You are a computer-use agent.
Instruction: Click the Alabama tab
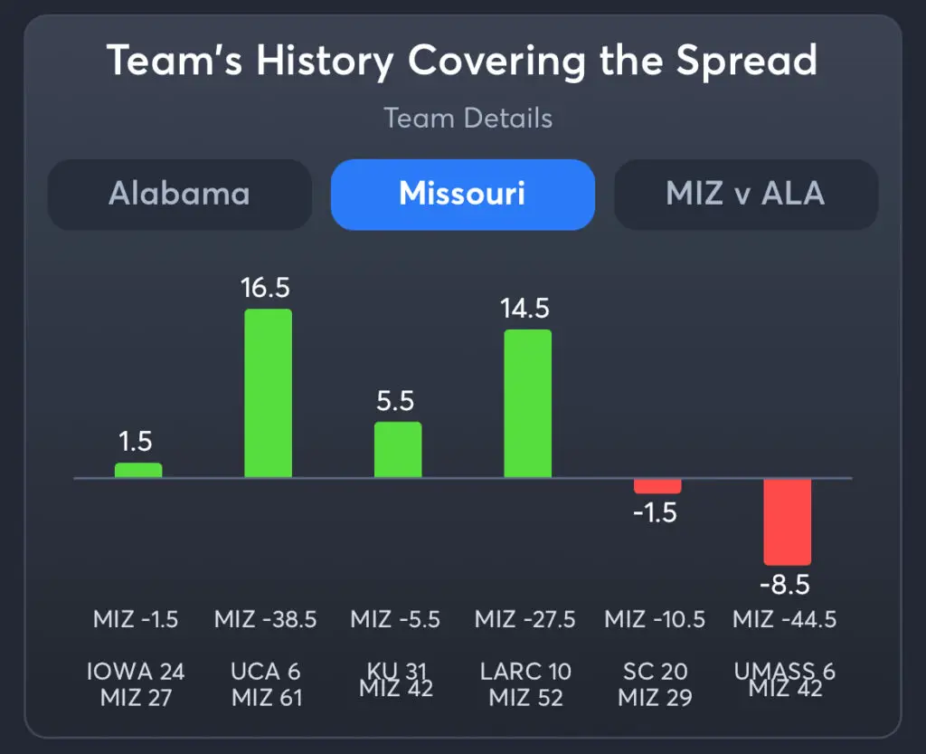tap(179, 194)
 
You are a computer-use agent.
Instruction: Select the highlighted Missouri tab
tap(462, 194)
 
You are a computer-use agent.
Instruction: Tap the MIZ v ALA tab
tap(745, 194)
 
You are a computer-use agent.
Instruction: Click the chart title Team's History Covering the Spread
tap(462, 61)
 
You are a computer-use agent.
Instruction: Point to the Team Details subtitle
tap(468, 118)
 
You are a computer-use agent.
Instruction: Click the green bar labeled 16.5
tap(268, 393)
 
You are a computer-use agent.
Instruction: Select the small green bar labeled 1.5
tap(137, 470)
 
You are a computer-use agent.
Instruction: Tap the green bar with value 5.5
tap(398, 449)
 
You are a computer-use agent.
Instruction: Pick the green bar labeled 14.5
tap(527, 403)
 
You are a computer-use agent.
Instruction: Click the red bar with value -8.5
tap(787, 521)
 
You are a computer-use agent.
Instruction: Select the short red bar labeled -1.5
tap(657, 486)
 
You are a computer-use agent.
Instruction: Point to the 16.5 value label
tap(266, 288)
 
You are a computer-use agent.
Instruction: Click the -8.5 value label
tap(784, 585)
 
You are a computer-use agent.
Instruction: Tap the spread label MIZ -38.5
tap(266, 620)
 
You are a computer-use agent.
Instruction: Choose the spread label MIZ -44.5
tap(784, 620)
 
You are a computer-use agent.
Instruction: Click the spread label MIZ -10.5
tap(655, 620)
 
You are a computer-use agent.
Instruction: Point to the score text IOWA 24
tap(136, 672)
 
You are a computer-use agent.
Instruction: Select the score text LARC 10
tap(525, 672)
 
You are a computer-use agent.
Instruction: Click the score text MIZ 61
tap(267, 698)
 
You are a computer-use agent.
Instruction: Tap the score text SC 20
tap(655, 672)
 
